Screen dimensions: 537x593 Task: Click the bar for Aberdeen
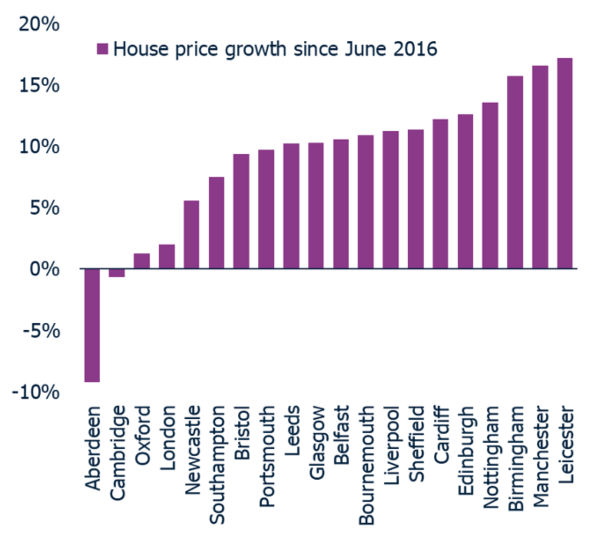pyautogui.click(x=92, y=325)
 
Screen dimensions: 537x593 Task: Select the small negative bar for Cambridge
pyautogui.click(x=117, y=273)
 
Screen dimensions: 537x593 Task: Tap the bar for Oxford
pyautogui.click(x=142, y=261)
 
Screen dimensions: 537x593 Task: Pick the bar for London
pyautogui.click(x=167, y=256)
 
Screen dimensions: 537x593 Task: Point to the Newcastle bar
pyautogui.click(x=192, y=234)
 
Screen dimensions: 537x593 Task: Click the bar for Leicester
pyautogui.click(x=565, y=163)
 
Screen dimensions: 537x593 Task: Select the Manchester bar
pyautogui.click(x=540, y=167)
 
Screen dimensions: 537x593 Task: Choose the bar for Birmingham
pyautogui.click(x=515, y=172)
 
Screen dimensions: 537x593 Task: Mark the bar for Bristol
pyautogui.click(x=241, y=211)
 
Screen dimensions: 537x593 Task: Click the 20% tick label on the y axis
pyautogui.click(x=39, y=24)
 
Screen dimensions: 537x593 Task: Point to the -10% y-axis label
pyautogui.click(x=36, y=392)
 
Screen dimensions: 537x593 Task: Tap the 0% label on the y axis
pyautogui.click(x=44, y=269)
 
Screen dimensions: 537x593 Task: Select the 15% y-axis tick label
pyautogui.click(x=39, y=85)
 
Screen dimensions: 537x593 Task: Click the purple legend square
pyautogui.click(x=102, y=49)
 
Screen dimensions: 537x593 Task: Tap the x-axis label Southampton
pyautogui.click(x=217, y=465)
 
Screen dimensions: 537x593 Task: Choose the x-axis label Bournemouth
pyautogui.click(x=366, y=465)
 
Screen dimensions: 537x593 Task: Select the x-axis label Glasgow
pyautogui.click(x=316, y=442)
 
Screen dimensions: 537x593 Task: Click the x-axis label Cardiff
pyautogui.click(x=441, y=435)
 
